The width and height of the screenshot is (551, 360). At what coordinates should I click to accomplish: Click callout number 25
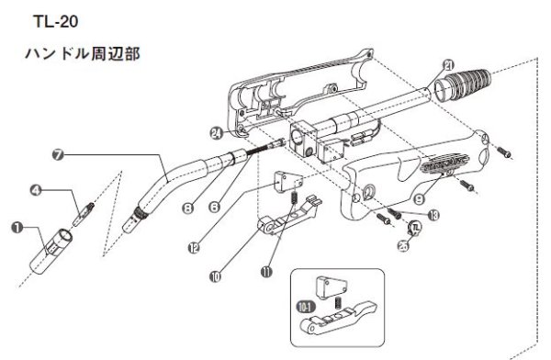click(x=403, y=245)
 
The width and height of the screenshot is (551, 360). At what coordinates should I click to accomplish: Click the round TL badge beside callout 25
click(x=415, y=229)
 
